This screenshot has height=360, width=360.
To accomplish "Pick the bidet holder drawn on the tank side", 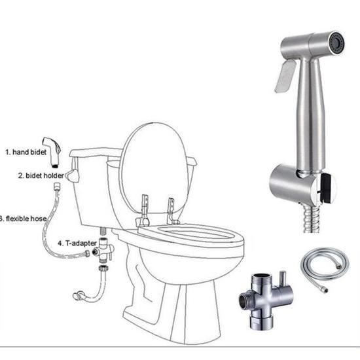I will coord(73,175).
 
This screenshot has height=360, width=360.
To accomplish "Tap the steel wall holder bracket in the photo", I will coord(295,184).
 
